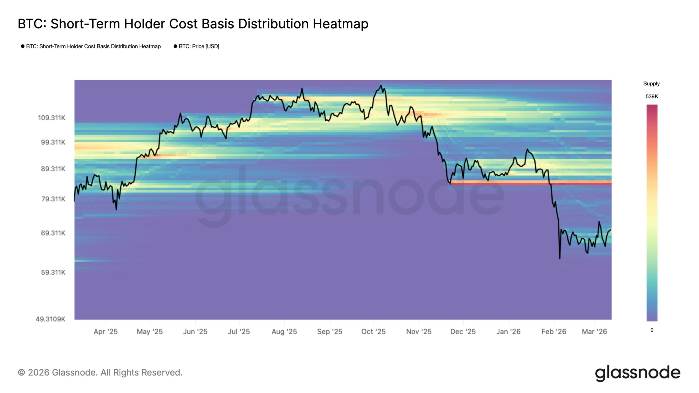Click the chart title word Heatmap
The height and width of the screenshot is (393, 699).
(340, 24)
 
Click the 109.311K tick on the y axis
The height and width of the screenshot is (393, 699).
(52, 118)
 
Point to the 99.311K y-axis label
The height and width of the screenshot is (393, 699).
(53, 142)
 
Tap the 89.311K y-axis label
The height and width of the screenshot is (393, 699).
(53, 169)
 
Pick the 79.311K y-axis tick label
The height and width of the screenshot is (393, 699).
(53, 199)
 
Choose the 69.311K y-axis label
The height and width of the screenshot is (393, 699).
(53, 233)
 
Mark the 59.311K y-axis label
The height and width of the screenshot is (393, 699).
(53, 272)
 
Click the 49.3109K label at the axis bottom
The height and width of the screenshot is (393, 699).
(51, 319)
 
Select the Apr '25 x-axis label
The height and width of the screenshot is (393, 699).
(105, 332)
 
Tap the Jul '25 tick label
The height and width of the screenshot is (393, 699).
(239, 332)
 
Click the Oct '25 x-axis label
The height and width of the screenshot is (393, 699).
(373, 332)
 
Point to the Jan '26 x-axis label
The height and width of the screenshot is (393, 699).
(508, 332)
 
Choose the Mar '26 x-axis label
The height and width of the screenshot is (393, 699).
(594, 332)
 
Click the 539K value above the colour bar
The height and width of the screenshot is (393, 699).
(652, 97)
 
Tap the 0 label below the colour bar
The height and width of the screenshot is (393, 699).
(652, 330)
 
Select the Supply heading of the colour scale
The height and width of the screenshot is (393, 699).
(651, 84)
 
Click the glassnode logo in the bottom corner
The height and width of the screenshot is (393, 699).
(638, 373)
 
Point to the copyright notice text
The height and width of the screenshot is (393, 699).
(100, 373)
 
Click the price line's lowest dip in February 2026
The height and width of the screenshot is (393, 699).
(559, 258)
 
